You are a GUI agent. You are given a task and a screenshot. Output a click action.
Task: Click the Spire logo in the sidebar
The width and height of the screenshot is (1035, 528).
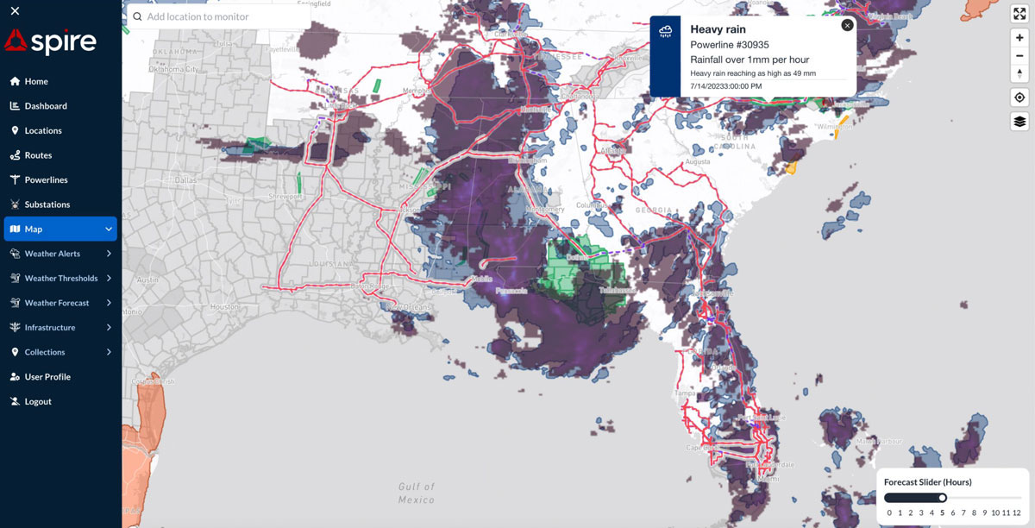(50, 41)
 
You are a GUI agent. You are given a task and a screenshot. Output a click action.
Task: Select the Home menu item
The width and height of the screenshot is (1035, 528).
(36, 81)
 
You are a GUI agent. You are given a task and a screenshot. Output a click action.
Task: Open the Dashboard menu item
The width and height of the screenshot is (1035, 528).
(45, 106)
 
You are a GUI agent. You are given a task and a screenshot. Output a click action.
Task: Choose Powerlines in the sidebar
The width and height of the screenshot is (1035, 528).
(46, 180)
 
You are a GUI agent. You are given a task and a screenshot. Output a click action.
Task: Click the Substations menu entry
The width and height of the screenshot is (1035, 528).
(47, 204)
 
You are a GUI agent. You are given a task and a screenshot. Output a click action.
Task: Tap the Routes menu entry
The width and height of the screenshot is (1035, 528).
(38, 155)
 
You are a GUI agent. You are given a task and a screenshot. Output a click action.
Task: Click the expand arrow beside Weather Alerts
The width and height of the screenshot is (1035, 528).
(109, 254)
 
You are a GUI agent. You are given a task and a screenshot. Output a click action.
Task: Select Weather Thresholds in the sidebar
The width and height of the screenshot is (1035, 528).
(60, 279)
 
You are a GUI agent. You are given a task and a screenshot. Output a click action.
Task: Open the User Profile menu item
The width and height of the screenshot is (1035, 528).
(47, 377)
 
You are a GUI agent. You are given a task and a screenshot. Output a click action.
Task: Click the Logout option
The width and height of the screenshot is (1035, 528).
(37, 401)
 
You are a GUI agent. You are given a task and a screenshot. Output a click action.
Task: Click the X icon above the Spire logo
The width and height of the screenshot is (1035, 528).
(16, 11)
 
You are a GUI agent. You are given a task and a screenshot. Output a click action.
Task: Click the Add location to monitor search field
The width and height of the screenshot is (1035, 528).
(220, 16)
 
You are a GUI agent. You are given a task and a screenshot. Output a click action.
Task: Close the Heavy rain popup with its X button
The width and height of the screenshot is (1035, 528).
(847, 25)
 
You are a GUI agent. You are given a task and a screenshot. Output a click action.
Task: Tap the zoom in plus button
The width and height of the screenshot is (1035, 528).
(1019, 38)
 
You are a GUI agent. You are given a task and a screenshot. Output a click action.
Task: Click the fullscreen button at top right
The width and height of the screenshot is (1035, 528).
(1019, 14)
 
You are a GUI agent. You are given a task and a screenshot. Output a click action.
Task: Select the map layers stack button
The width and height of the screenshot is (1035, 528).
(1019, 122)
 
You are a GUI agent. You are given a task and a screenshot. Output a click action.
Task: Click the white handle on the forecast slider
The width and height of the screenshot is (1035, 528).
(943, 498)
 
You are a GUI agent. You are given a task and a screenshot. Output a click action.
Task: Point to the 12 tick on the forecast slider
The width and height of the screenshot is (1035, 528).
(1017, 512)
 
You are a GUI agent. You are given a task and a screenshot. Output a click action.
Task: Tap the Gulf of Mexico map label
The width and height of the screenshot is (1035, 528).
(417, 493)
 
